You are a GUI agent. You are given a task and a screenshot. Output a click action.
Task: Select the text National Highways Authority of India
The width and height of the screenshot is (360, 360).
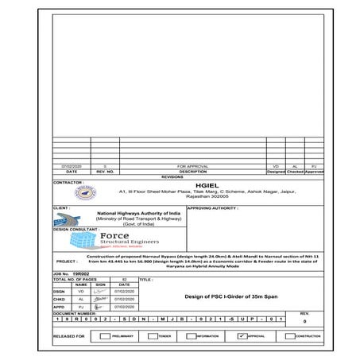(x=138, y=214)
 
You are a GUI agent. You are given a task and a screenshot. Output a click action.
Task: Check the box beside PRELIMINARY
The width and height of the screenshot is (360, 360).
(x=106, y=336)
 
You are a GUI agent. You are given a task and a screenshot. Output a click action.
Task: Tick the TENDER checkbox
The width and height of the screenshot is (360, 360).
(x=150, y=336)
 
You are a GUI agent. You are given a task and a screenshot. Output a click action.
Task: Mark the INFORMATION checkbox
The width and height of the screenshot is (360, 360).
(x=191, y=336)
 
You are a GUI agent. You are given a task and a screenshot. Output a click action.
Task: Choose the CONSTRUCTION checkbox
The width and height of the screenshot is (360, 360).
(x=290, y=336)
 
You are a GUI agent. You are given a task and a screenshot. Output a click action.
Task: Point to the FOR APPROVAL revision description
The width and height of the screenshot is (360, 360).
(x=192, y=165)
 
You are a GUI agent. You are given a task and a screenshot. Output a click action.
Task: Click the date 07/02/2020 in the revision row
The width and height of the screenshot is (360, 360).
(x=72, y=165)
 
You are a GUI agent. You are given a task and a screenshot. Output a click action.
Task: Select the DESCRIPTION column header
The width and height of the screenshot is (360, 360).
(x=192, y=171)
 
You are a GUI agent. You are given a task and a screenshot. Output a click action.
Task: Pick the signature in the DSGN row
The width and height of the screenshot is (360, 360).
(x=101, y=291)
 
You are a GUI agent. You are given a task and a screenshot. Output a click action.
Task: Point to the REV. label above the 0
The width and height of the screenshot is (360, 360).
(x=304, y=313)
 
